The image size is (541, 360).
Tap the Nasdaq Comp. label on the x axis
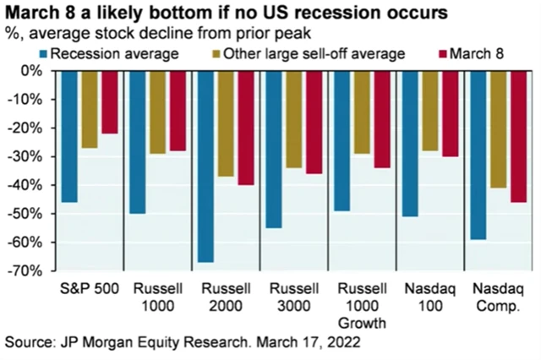click(x=492, y=297)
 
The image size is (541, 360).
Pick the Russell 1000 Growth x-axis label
click(x=358, y=305)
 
